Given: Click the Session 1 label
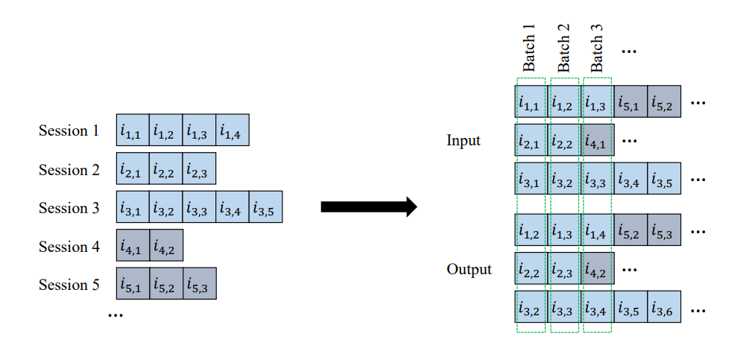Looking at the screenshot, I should click(x=69, y=131).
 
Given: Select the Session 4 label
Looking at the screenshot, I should click(x=69, y=247).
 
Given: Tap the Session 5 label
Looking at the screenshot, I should click(x=69, y=285).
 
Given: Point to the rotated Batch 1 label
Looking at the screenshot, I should click(x=529, y=48).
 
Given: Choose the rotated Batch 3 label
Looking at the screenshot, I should click(x=596, y=48).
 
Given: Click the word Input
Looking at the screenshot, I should click(x=464, y=139).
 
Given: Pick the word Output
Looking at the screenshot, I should click(x=470, y=269).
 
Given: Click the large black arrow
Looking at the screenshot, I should click(x=367, y=207).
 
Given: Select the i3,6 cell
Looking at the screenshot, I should click(x=663, y=308).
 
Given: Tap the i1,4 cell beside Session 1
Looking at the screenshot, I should click(x=233, y=131).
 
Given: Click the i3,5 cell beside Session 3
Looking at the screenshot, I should click(x=266, y=208).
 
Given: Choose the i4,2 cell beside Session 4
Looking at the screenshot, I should click(x=166, y=246).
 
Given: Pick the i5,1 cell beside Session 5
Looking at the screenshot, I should click(x=133, y=285).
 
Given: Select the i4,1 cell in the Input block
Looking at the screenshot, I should click(x=597, y=140).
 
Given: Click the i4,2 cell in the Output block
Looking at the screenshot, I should click(x=597, y=269).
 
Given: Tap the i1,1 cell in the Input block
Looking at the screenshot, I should click(x=531, y=101).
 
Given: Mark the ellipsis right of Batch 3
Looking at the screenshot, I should click(x=628, y=51).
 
